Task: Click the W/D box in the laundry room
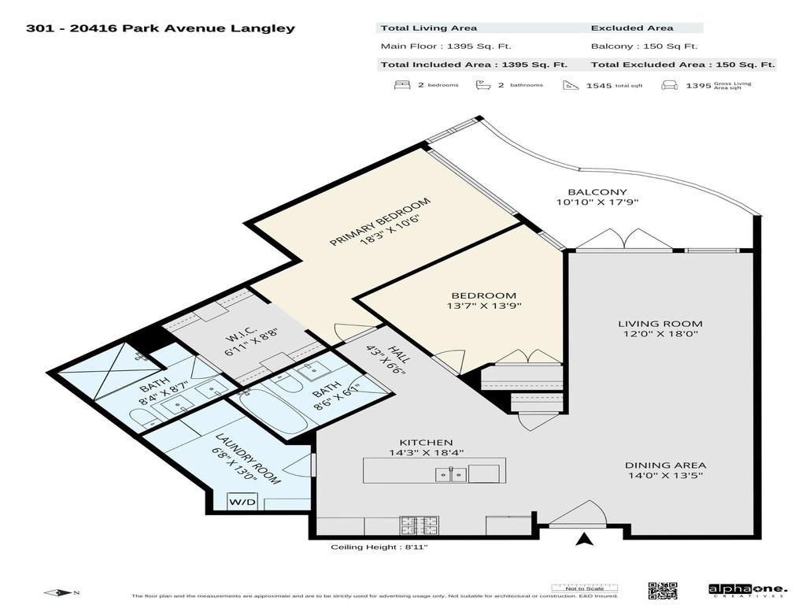click(x=241, y=501)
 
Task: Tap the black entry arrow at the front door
click(x=584, y=540)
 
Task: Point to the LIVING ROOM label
click(x=660, y=324)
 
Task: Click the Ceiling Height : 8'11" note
click(x=379, y=547)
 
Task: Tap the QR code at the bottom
click(x=662, y=590)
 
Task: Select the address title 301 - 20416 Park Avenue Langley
click(x=161, y=28)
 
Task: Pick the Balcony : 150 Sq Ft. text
click(x=644, y=46)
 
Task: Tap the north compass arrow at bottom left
click(x=57, y=592)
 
